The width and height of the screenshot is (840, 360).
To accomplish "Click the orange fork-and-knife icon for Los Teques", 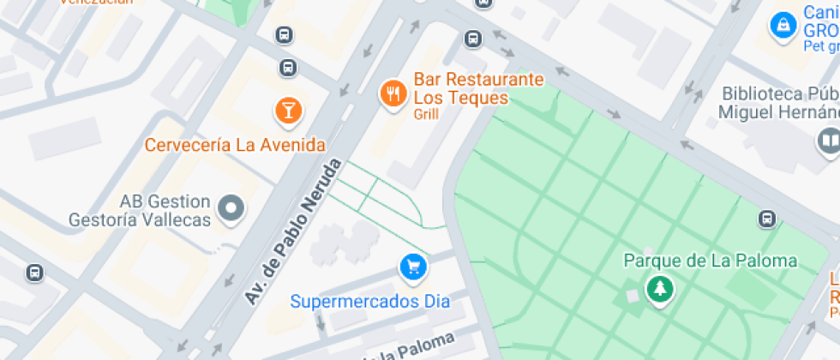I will pyautogui.click(x=393, y=93).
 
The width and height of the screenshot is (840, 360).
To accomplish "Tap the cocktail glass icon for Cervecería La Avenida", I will pyautogui.click(x=288, y=110).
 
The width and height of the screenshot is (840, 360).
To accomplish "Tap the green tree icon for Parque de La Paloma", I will pyautogui.click(x=659, y=289).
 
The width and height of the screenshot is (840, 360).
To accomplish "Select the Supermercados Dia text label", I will pyautogui.click(x=369, y=302).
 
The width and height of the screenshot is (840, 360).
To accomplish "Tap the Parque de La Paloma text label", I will pyautogui.click(x=711, y=261).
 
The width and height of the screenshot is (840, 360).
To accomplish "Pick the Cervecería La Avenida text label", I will pyautogui.click(x=235, y=144).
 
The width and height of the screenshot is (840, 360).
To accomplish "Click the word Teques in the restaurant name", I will pyautogui.click(x=475, y=98).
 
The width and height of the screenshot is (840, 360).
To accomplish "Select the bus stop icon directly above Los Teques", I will pyautogui.click(x=472, y=39).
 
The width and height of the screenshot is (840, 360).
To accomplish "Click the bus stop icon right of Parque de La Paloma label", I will pyautogui.click(x=768, y=219).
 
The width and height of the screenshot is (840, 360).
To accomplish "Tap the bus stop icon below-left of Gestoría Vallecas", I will pyautogui.click(x=34, y=273).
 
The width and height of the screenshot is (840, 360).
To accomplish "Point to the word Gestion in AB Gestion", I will pyautogui.click(x=177, y=202).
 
